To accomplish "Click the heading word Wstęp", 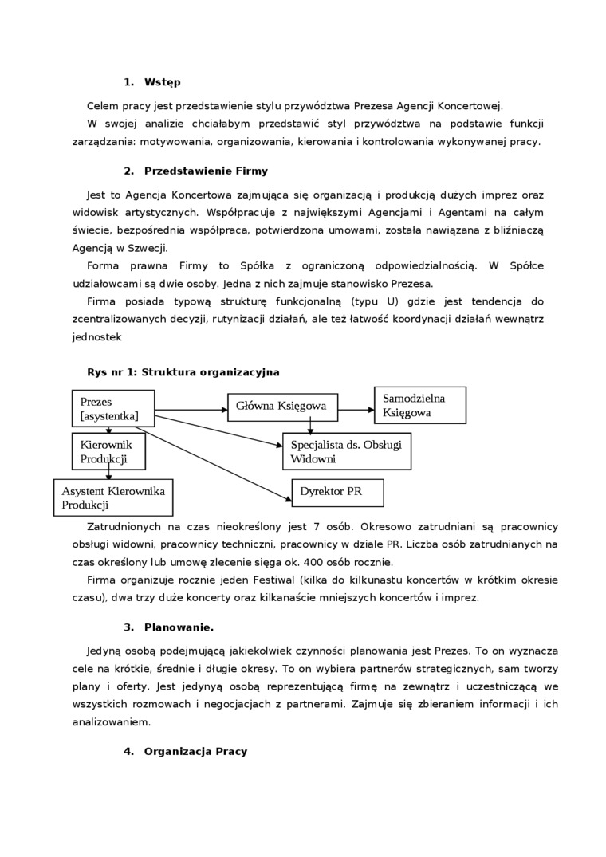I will pyautogui.click(x=163, y=82).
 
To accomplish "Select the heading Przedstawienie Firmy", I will pyautogui.click(x=206, y=171).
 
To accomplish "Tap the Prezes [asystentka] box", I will pyautogui.click(x=112, y=409).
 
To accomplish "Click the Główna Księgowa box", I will pyautogui.click(x=282, y=406).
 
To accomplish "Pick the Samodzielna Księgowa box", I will pyautogui.click(x=419, y=405).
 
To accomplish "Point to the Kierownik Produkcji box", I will pyautogui.click(x=109, y=451).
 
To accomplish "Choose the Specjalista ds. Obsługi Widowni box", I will pyautogui.click(x=347, y=451).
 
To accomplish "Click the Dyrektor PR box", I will pyautogui.click(x=337, y=492).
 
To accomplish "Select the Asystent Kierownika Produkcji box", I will pyautogui.click(x=113, y=497).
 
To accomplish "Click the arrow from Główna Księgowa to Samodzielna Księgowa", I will pyautogui.click(x=356, y=410).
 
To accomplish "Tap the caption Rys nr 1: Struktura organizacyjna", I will pyautogui.click(x=183, y=372).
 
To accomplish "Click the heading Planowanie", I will pyautogui.click(x=179, y=627).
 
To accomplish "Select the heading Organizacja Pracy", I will pyautogui.click(x=195, y=751).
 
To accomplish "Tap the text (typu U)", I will pyautogui.click(x=376, y=301).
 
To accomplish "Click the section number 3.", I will pyautogui.click(x=128, y=627).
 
